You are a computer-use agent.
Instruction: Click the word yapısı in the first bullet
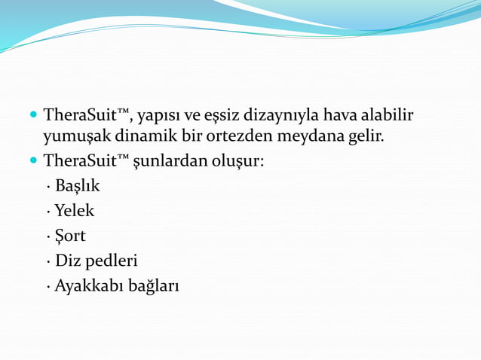tap(160, 117)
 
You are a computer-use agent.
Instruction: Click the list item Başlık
tap(77, 185)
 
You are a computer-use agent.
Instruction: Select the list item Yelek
tap(75, 211)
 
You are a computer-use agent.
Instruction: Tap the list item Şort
tap(70, 236)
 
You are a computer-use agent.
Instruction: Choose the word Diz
tap(67, 261)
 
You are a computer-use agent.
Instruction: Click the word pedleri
tap(112, 261)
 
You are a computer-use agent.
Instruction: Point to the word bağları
tap(154, 287)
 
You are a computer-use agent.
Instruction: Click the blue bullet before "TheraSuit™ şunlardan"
tap(32, 161)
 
